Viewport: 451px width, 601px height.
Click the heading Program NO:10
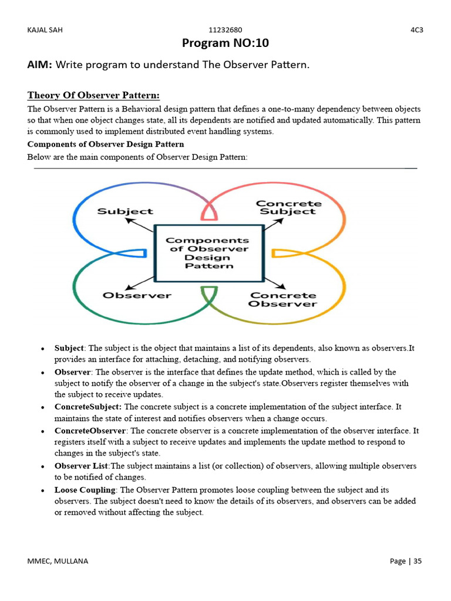(x=225, y=43)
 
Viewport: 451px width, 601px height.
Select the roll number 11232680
(x=225, y=30)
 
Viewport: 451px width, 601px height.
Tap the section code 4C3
(x=416, y=30)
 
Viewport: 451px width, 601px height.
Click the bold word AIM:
(x=40, y=65)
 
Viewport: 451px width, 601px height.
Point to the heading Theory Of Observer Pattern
(x=94, y=95)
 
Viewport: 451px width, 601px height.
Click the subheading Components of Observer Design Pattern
(x=106, y=144)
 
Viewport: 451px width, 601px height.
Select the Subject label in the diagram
(x=124, y=211)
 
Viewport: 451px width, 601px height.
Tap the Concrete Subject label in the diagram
(x=288, y=208)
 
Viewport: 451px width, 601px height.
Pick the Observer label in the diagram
(x=137, y=295)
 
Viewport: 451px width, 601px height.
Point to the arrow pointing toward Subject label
(x=140, y=226)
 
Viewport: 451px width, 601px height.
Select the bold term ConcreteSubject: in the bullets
(x=88, y=407)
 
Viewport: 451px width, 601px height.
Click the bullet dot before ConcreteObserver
(x=43, y=431)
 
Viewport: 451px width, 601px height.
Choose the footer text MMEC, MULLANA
(x=58, y=561)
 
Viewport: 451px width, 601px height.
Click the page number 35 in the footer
(x=418, y=561)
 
